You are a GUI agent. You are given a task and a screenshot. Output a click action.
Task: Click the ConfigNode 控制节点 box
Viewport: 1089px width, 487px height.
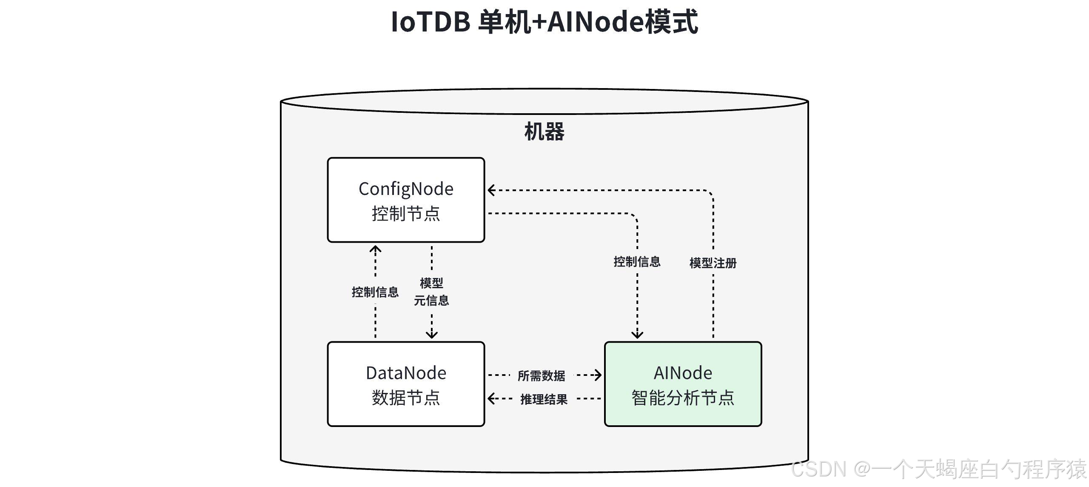point(406,200)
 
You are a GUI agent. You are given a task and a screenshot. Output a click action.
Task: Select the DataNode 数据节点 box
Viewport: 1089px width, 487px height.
point(406,384)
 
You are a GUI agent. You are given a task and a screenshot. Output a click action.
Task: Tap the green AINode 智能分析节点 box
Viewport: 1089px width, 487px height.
point(683,384)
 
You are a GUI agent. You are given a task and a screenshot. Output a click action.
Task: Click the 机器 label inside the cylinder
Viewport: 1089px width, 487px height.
point(544,132)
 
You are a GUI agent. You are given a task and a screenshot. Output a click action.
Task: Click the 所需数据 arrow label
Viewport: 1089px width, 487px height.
point(541,376)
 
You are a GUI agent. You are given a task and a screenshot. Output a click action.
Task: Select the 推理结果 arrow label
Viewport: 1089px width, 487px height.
point(544,399)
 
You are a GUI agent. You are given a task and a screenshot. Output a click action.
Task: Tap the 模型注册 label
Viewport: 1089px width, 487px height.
point(713,263)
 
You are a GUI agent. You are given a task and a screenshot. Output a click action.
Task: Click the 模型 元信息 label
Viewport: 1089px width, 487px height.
point(431,292)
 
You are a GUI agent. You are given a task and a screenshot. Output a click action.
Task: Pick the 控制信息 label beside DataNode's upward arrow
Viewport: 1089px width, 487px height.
point(375,292)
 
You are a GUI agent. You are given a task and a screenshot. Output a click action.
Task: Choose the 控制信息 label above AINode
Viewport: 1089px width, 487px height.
point(637,261)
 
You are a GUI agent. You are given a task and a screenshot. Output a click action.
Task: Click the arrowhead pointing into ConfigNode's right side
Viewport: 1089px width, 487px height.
point(491,190)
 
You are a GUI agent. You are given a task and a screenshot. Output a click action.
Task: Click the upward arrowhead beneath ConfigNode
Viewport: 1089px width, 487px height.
point(375,249)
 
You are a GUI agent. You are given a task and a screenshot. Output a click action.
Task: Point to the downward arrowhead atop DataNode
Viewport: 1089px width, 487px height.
point(432,335)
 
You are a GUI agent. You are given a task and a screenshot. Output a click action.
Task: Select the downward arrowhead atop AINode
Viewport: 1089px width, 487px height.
point(637,335)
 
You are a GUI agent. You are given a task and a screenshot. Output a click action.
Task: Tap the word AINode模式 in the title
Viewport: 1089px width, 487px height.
point(622,22)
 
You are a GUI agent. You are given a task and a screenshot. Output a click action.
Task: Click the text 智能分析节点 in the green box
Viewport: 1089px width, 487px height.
point(683,398)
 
